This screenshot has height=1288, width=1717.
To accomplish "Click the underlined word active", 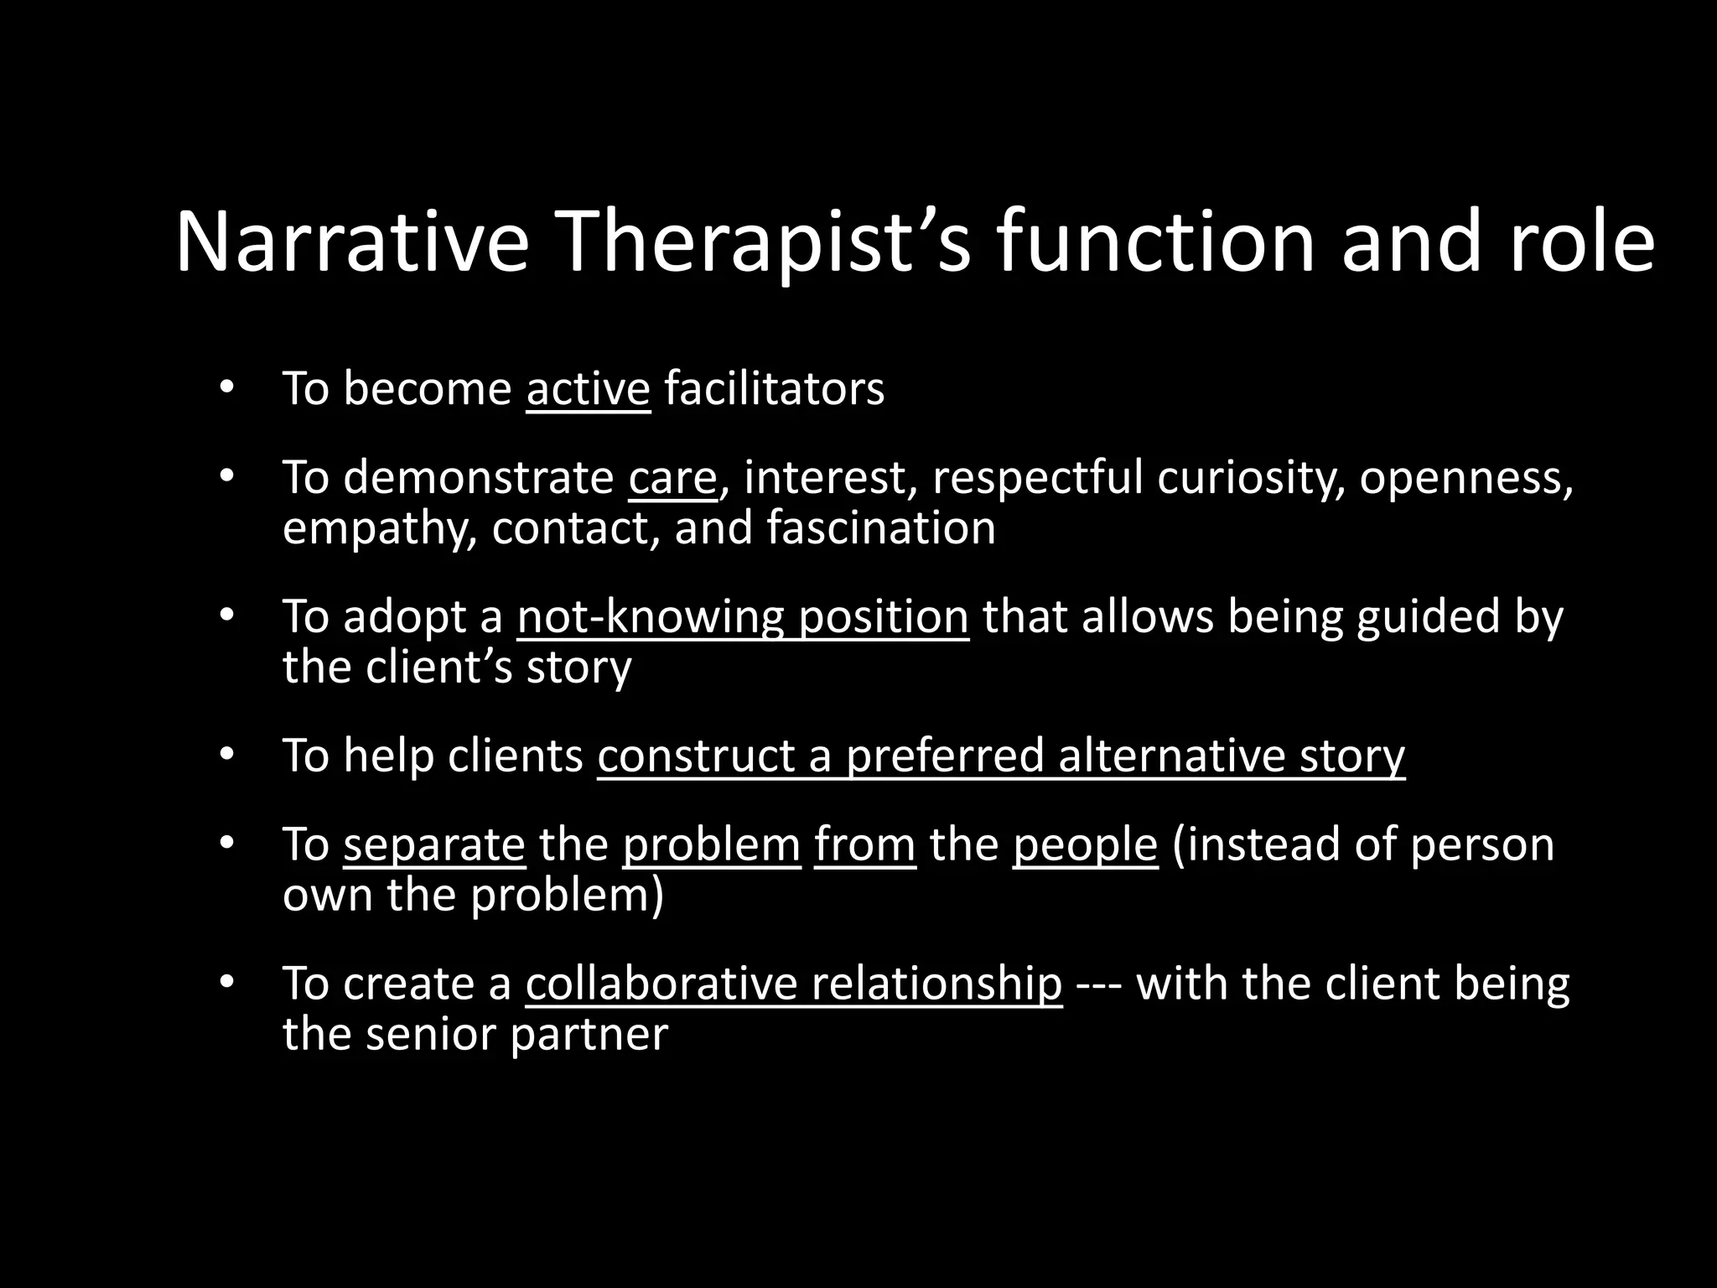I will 588,388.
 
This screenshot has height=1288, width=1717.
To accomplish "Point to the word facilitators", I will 774,388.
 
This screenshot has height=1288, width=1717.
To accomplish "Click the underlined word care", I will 672,477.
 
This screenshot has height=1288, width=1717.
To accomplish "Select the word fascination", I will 879,527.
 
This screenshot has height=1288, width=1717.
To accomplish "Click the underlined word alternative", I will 1170,755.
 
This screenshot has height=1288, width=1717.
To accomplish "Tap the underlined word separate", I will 433,844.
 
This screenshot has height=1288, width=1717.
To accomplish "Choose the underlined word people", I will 1084,844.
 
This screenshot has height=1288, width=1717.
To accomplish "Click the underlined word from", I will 864,844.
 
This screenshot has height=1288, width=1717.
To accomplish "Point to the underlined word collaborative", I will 661,983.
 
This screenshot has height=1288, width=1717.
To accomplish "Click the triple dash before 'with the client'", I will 1098,983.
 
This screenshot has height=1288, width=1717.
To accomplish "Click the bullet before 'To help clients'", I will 225,755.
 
